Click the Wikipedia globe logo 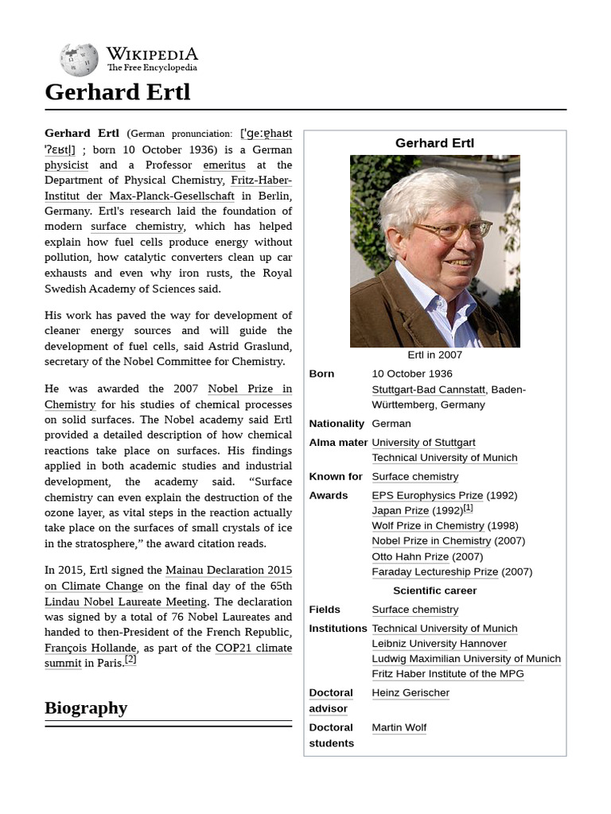tap(79, 60)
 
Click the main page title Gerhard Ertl tap(118, 92)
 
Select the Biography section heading tap(86, 707)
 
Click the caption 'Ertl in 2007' tap(434, 355)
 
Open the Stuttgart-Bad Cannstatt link tap(429, 390)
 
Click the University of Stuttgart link tap(423, 443)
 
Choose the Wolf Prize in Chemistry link tap(428, 525)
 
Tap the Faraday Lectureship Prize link tap(434, 572)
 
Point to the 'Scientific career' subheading tap(434, 591)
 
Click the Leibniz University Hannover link tap(438, 644)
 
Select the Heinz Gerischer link tap(411, 693)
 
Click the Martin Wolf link tap(399, 727)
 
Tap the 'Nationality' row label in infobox tap(336, 424)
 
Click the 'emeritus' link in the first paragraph tap(224, 165)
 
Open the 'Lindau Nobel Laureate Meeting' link tap(126, 602)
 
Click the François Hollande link tap(89, 648)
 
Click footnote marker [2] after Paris tap(130, 660)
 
